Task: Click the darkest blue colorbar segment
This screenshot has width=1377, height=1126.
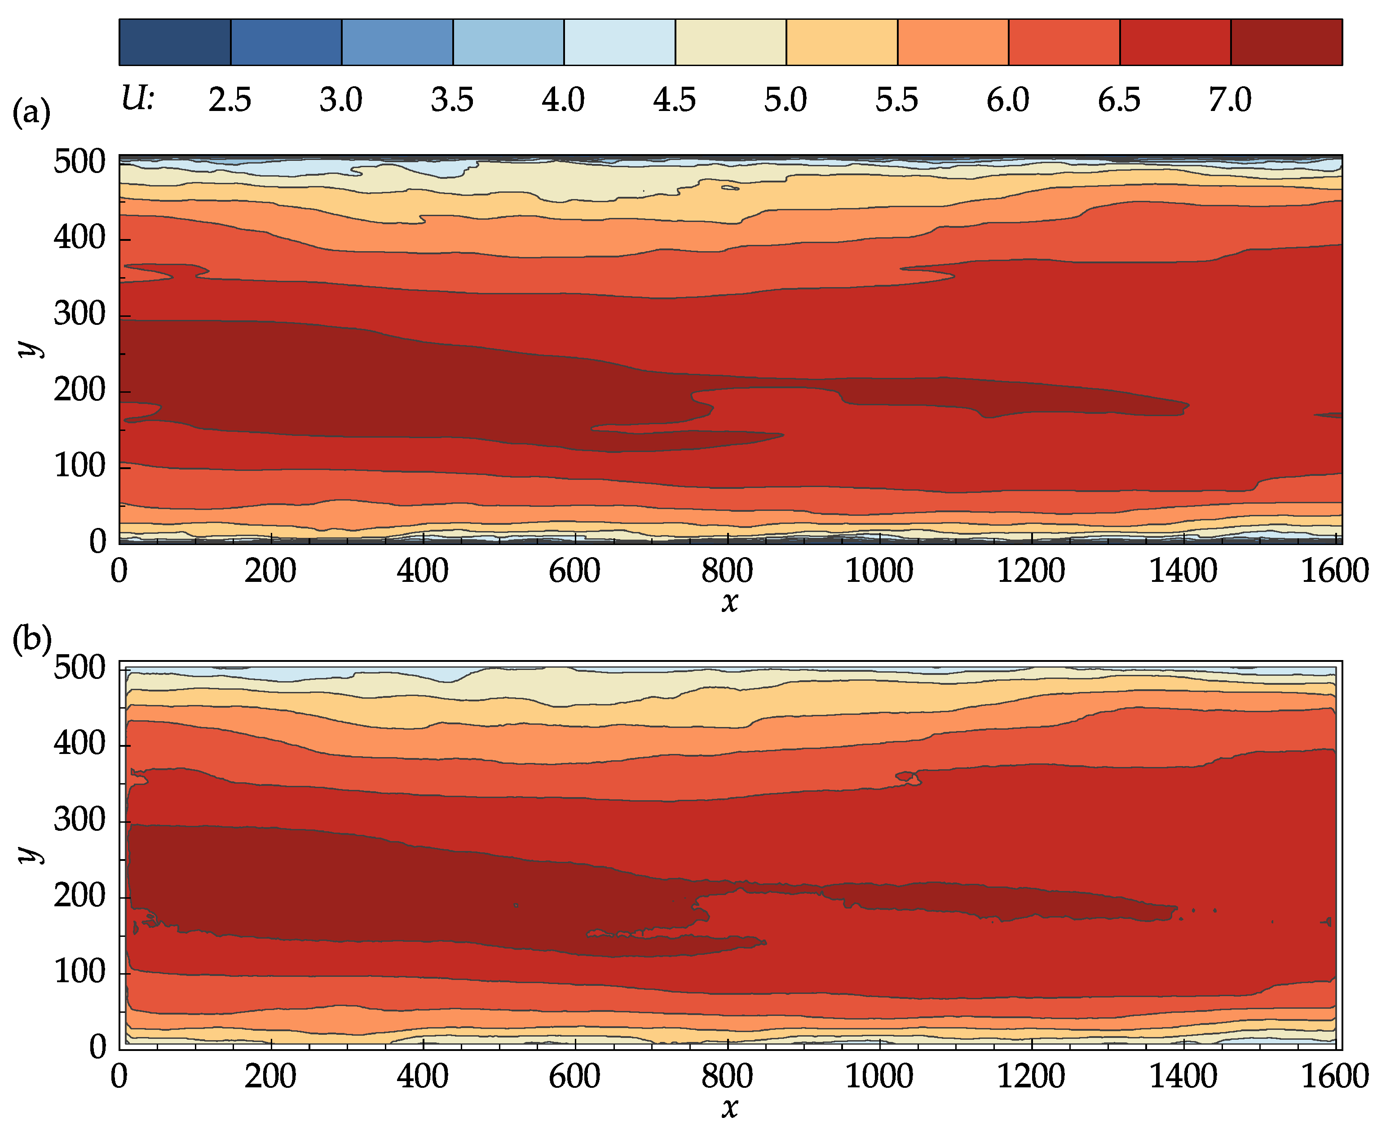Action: click(x=175, y=42)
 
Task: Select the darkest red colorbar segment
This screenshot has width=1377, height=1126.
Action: click(x=1286, y=42)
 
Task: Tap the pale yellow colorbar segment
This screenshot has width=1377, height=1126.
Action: click(x=731, y=42)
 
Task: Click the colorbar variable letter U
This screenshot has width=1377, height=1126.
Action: click(x=136, y=99)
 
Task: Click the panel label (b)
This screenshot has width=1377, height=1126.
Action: click(x=31, y=639)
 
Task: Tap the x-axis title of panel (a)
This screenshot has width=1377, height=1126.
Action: click(x=730, y=602)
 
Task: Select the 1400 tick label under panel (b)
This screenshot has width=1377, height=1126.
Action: click(x=1183, y=1077)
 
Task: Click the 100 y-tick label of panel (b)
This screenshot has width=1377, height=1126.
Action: click(x=80, y=971)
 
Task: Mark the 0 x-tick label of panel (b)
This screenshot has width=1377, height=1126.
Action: click(x=119, y=1077)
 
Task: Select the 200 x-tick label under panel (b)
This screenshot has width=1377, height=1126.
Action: click(x=270, y=1077)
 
